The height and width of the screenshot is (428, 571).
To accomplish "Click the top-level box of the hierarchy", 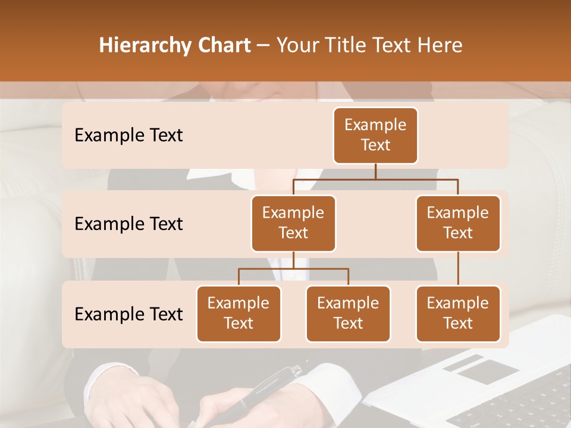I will click(375, 135).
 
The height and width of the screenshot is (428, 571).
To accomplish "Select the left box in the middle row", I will click(293, 223).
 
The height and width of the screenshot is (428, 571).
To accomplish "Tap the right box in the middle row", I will click(458, 223).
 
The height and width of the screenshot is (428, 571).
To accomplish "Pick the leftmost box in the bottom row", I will click(239, 313).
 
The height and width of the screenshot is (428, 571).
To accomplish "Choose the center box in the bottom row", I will click(348, 313).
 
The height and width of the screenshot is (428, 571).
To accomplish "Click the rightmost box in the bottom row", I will click(458, 313).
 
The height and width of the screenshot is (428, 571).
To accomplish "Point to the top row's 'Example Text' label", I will click(128, 136).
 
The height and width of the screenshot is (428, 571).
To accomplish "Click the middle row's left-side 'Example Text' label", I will click(128, 224).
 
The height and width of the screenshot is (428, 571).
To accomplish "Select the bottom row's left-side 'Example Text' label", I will click(128, 314).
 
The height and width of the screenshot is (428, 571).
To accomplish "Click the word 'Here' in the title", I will click(440, 45).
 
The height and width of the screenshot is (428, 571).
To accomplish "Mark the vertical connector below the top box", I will click(375, 171).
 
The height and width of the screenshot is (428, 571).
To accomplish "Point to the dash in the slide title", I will click(263, 46).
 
